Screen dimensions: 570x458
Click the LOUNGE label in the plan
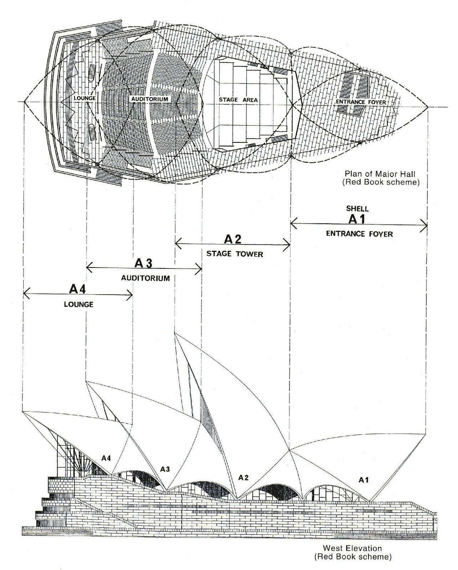click(x=84, y=98)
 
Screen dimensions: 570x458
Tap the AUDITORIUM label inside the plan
click(x=149, y=99)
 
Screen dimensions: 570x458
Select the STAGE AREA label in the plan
click(x=238, y=100)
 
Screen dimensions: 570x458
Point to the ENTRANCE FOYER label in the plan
click(x=361, y=102)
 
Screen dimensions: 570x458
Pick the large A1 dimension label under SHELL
click(x=357, y=219)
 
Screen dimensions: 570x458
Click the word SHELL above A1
click(x=357, y=209)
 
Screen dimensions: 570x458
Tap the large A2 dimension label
click(x=233, y=239)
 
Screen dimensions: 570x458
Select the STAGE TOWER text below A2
click(x=235, y=254)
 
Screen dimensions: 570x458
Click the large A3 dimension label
click(x=143, y=263)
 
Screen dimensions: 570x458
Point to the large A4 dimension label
click(x=77, y=289)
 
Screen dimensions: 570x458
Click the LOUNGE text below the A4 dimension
click(x=78, y=305)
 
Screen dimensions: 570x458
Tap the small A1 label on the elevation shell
click(x=363, y=480)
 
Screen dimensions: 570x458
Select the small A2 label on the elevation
click(x=243, y=477)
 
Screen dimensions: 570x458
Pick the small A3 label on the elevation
click(x=165, y=469)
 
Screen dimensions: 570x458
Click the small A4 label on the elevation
click(x=106, y=458)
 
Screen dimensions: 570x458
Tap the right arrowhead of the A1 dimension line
click(x=426, y=224)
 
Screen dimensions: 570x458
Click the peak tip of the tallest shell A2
click(x=174, y=333)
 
